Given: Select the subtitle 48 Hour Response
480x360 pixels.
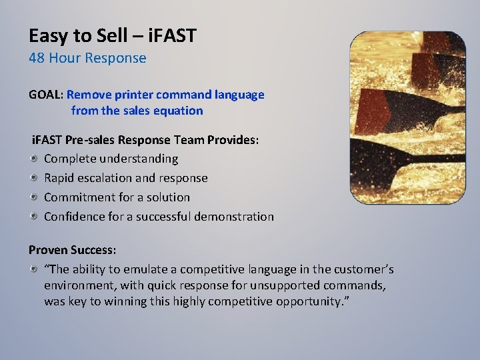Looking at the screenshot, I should click(87, 58).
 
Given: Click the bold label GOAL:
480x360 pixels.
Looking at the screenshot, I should click(45, 95).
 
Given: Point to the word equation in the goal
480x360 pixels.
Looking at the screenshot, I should click(178, 111).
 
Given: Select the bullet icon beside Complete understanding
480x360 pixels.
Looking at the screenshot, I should click(34, 159).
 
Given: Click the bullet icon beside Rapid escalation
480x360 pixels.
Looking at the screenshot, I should click(34, 178).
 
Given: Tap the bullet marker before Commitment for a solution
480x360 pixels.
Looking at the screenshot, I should click(34, 197).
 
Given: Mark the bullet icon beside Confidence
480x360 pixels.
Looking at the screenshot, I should click(34, 217).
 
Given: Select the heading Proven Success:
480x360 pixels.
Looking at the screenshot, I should click(72, 249).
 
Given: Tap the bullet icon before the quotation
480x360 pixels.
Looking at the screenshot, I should click(34, 269).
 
